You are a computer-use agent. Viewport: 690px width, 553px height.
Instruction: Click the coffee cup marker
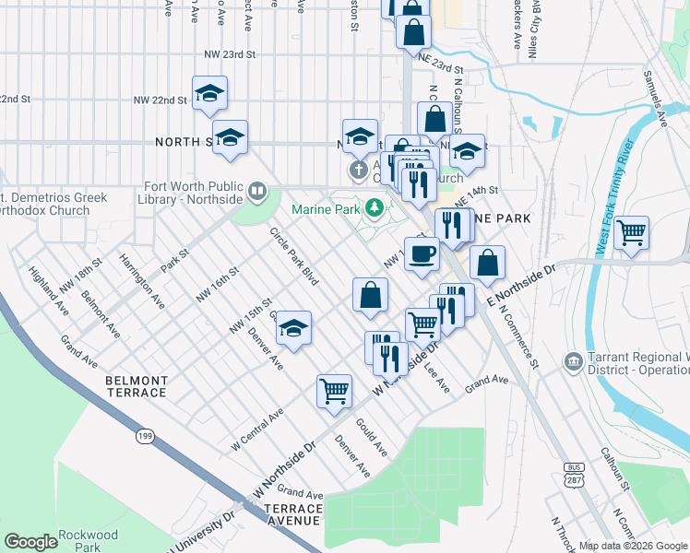pyautogui.click(x=422, y=253)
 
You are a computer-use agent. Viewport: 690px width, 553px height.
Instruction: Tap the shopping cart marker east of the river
pyautogui.click(x=631, y=232)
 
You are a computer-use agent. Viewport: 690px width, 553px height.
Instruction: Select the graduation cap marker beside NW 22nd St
pyautogui.click(x=209, y=92)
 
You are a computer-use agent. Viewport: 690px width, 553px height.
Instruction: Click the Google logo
pyautogui.click(x=31, y=542)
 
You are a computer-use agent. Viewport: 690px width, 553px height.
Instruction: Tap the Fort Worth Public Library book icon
pyautogui.click(x=257, y=192)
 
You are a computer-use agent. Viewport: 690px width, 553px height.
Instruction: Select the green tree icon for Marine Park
pyautogui.click(x=375, y=209)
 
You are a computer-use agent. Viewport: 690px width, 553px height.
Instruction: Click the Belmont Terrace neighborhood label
pyautogui.click(x=137, y=386)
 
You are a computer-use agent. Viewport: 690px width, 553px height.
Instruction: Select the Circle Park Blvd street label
pyautogui.click(x=293, y=255)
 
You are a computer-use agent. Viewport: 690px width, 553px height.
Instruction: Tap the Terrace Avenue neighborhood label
pyautogui.click(x=292, y=514)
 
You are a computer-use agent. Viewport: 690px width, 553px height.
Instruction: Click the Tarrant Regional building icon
pyautogui.click(x=572, y=360)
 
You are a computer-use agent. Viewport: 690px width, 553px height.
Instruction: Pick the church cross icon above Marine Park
pyautogui.click(x=358, y=171)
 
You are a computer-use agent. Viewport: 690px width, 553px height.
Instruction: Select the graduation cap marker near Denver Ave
pyautogui.click(x=293, y=328)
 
